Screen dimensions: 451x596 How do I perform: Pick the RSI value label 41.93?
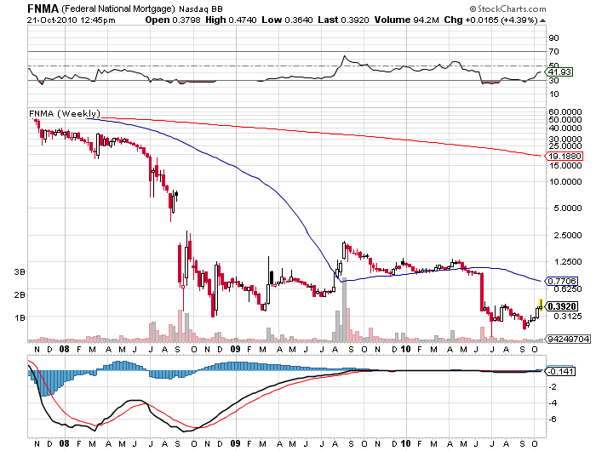click(558, 72)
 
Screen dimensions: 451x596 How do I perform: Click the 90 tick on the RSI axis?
click(553, 37)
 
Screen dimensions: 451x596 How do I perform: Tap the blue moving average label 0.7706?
click(562, 280)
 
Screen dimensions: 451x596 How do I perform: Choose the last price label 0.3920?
click(562, 306)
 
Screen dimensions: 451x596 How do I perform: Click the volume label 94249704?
click(567, 339)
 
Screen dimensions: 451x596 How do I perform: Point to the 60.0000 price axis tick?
click(564, 111)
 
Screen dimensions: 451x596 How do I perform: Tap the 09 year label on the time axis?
click(235, 348)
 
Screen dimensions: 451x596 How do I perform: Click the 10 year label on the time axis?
click(406, 348)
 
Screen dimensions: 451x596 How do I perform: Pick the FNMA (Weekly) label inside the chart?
click(64, 113)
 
